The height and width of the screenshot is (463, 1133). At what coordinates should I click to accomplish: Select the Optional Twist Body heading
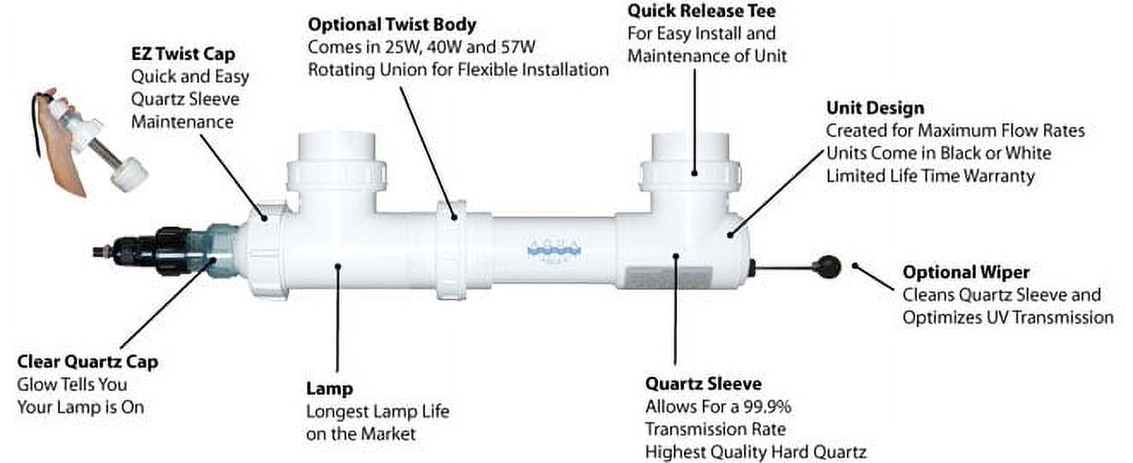(393, 24)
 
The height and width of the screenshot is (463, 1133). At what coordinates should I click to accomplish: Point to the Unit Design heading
(875, 108)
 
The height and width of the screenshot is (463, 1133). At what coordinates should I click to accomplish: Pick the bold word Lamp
(329, 388)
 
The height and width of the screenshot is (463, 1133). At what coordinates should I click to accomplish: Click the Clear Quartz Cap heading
(87, 362)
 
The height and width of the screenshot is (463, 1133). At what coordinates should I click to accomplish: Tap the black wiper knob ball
(828, 268)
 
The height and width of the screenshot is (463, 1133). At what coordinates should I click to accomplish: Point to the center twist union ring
(450, 250)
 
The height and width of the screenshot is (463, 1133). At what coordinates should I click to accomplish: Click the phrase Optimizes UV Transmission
(1008, 317)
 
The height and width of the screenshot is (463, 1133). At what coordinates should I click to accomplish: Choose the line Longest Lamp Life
(377, 412)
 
